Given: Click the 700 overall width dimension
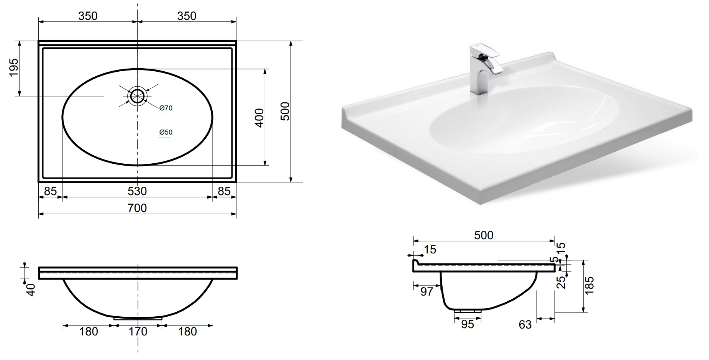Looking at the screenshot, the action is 137,208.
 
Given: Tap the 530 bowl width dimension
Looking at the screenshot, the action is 137,191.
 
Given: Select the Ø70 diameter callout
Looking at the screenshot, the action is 166,108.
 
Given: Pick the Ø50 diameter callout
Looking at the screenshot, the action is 166,132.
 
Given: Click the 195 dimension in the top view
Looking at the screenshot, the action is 14,67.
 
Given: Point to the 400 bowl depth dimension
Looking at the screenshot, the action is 259,118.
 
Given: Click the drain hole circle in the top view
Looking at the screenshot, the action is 137,96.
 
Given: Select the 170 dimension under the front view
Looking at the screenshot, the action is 138,331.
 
